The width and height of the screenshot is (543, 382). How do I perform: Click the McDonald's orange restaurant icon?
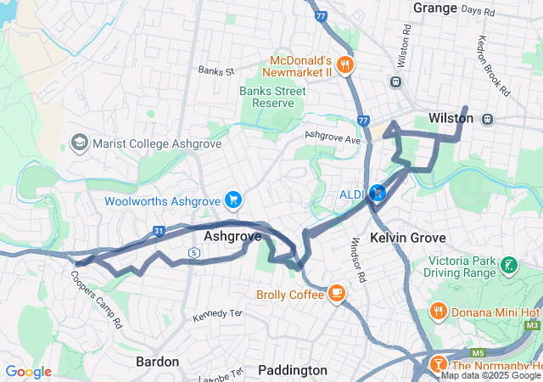click(344, 65)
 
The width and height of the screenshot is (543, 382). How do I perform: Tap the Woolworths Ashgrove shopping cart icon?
click(233, 201)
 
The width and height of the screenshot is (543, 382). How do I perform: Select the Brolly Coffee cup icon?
click(337, 295)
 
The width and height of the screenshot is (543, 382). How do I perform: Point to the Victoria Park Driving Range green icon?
click(508, 266)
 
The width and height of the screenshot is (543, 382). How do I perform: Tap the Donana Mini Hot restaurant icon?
click(439, 311)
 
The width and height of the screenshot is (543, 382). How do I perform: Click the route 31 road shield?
click(159, 230)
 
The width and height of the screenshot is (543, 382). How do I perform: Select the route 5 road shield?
click(194, 252)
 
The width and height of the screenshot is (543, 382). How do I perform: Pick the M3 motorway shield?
click(532, 325)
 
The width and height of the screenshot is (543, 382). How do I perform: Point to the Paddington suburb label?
click(292, 370)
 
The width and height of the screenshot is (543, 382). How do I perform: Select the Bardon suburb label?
click(158, 362)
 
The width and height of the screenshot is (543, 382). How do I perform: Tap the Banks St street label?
click(216, 70)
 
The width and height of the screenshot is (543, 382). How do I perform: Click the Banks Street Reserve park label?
click(266, 97)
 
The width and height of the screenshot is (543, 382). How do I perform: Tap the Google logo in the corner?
click(28, 372)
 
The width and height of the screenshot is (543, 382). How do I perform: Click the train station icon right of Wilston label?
click(487, 119)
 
